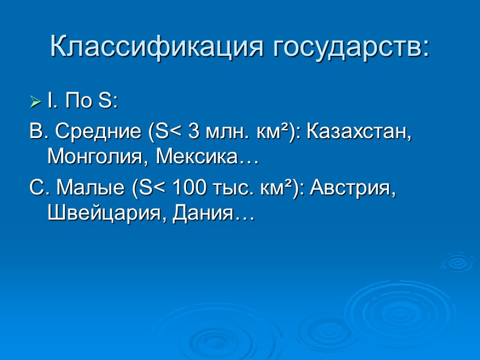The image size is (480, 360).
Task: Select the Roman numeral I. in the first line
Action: (x=52, y=102)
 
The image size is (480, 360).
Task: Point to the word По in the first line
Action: (x=78, y=102)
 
